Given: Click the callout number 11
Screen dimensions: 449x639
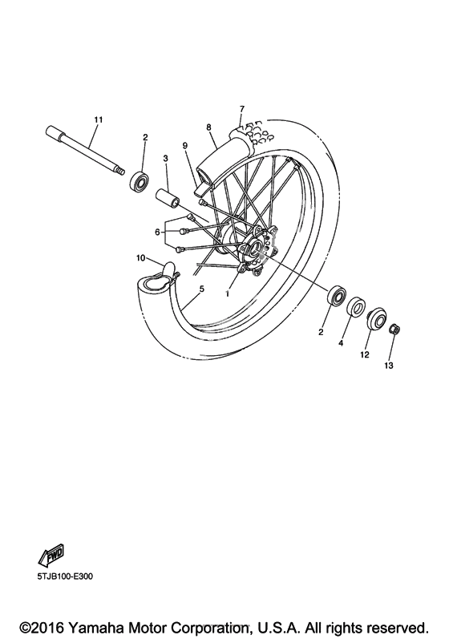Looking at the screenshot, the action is (98, 119).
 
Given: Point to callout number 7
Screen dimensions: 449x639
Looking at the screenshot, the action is (242, 109).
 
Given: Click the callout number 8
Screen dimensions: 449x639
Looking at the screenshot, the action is (208, 127).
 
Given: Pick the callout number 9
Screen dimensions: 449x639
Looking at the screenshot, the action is (184, 145).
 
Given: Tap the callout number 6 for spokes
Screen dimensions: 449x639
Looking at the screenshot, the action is (157, 233).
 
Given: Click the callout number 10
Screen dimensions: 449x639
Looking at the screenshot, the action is (140, 257).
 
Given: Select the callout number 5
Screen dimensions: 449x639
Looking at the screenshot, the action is (202, 289).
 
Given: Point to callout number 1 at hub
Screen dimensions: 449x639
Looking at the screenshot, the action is (228, 293).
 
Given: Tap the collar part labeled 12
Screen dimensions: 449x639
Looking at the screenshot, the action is (375, 318).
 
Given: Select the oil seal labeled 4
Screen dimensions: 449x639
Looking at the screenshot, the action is (356, 306).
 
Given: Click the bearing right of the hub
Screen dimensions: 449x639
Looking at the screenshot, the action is (337, 295).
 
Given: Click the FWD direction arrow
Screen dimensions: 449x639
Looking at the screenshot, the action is (51, 554).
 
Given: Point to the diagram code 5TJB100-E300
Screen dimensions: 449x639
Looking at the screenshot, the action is (65, 576).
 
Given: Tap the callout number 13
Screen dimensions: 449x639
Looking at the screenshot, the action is (389, 366).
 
